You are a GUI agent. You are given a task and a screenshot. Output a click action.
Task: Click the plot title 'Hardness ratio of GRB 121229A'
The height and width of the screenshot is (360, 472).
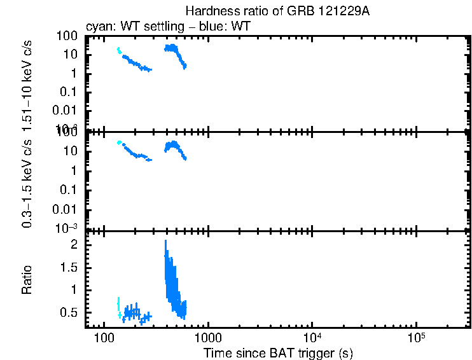[278, 11]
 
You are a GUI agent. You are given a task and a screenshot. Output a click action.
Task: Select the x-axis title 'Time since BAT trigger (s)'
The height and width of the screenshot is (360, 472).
[278, 352]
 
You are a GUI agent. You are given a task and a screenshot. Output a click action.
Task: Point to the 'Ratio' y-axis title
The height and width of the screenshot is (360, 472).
[27, 279]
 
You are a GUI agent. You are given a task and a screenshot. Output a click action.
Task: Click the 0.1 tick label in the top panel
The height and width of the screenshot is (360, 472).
[71, 92]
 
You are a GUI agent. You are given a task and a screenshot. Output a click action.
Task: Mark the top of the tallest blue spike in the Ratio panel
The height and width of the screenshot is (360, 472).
[165, 241]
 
